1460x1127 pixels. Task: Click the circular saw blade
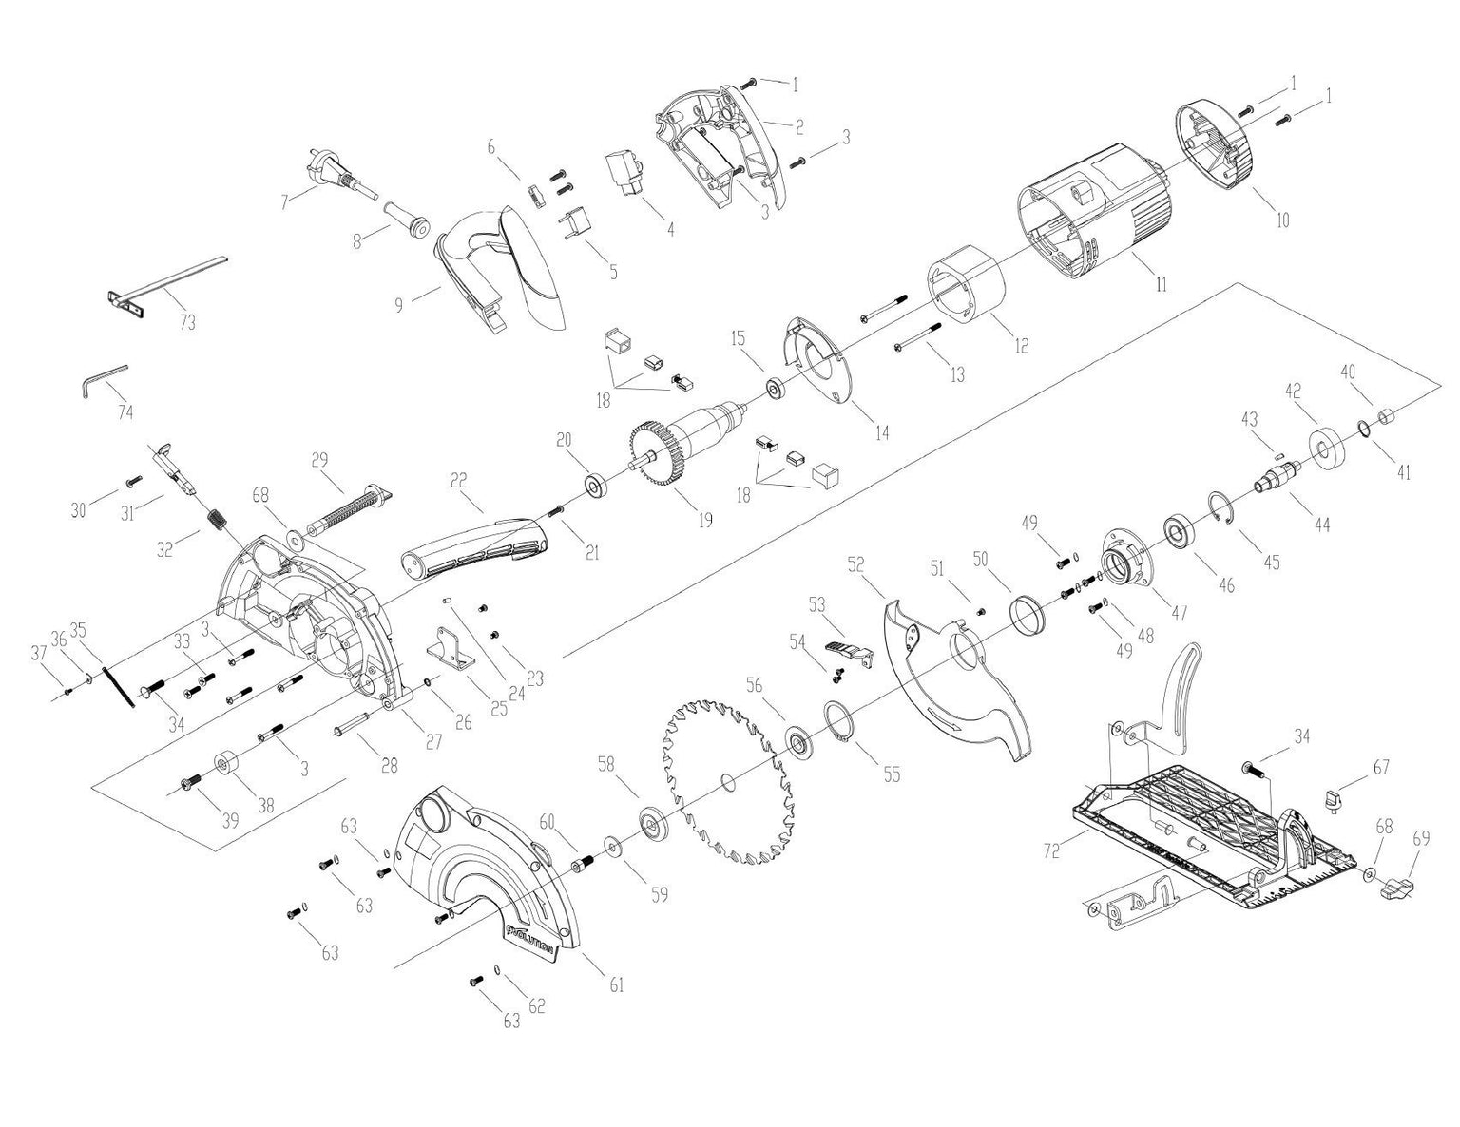[x=726, y=783]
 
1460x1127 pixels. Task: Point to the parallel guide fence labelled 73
[x=166, y=283]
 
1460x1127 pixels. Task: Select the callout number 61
[x=617, y=985]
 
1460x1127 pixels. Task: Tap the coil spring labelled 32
[x=219, y=522]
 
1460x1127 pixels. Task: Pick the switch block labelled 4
[x=624, y=174]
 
